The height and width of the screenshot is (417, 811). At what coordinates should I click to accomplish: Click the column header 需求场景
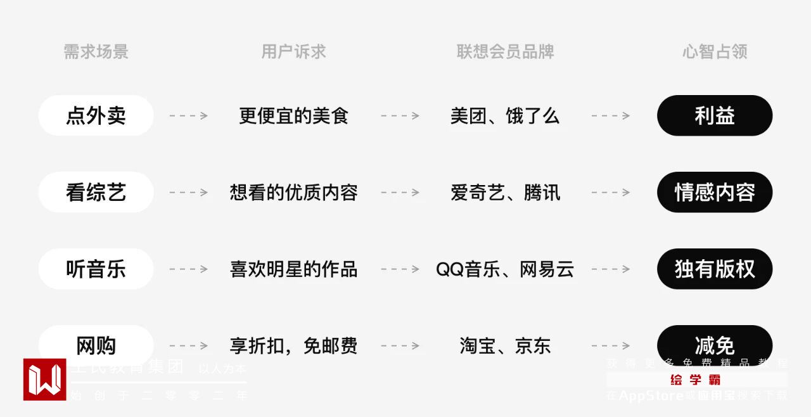96,52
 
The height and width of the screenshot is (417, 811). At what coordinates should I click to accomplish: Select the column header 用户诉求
293,52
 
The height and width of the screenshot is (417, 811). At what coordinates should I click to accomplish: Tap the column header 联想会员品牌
505,52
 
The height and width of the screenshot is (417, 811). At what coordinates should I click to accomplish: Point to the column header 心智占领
715,52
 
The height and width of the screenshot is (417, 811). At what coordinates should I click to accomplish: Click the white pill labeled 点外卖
96,116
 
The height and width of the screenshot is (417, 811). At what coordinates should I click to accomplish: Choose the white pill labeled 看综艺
96,193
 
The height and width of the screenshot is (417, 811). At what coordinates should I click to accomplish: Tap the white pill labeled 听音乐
96,269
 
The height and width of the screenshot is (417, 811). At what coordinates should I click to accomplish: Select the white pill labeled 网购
96,345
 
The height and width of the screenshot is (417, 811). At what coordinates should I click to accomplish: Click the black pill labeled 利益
715,116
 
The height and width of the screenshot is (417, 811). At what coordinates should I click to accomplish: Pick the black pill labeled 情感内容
715,193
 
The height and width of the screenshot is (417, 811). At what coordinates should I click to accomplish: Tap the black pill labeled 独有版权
715,269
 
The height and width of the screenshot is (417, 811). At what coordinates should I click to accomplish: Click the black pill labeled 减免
715,345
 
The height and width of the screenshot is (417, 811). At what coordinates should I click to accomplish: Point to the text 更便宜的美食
293,116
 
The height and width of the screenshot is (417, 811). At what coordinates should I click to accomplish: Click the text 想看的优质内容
293,193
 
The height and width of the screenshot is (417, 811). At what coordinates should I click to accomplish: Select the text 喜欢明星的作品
293,269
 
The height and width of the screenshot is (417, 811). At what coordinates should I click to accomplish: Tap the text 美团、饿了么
505,116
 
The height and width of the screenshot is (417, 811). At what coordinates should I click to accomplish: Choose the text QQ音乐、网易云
505,269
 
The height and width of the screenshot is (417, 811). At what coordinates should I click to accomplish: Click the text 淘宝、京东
505,346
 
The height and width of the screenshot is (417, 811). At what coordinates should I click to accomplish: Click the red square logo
45,380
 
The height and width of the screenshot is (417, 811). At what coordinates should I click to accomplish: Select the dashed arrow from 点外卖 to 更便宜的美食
188,116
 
